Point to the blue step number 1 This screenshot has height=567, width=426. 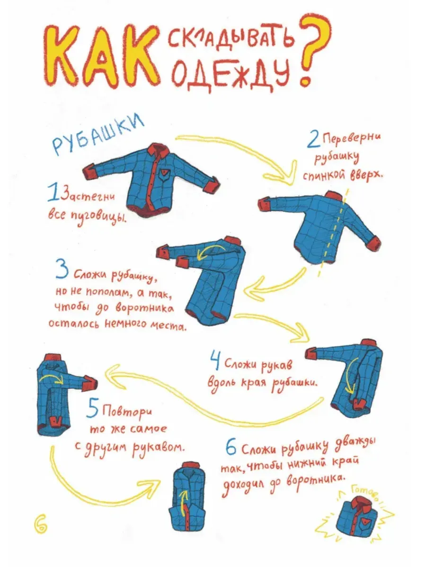click(x=53, y=192)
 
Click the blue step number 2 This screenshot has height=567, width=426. click(x=314, y=140)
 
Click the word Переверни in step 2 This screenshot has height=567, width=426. click(x=352, y=140)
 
